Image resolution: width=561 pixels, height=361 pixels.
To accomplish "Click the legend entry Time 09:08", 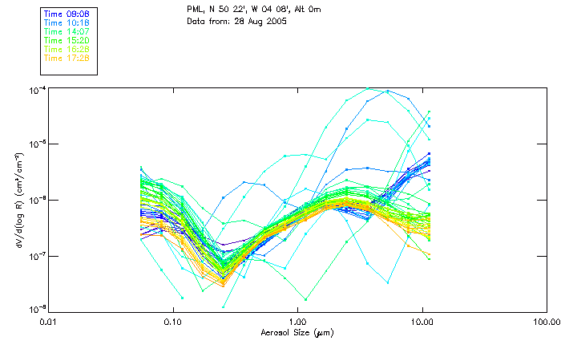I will (66, 14).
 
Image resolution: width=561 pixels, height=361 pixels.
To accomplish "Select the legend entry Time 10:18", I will (66, 22).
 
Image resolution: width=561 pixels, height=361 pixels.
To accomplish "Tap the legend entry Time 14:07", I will (66, 31).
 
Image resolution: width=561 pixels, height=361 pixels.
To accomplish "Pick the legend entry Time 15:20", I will (66, 40).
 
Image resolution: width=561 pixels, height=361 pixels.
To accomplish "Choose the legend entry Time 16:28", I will (66, 49).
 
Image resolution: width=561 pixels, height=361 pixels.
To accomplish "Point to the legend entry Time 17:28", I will (66, 58).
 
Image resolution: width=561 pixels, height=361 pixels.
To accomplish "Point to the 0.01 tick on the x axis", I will (49, 322).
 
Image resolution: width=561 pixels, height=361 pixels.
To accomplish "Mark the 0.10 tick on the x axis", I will (172, 322).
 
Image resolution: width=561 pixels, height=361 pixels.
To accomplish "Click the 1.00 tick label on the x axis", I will (297, 322).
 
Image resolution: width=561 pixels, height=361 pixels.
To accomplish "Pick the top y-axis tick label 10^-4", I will (38, 89).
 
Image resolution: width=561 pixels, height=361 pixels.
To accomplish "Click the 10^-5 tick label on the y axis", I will (38, 144).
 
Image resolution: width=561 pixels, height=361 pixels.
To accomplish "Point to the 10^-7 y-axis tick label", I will (38, 255).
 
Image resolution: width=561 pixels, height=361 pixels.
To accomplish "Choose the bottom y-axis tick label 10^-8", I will (38, 309).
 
